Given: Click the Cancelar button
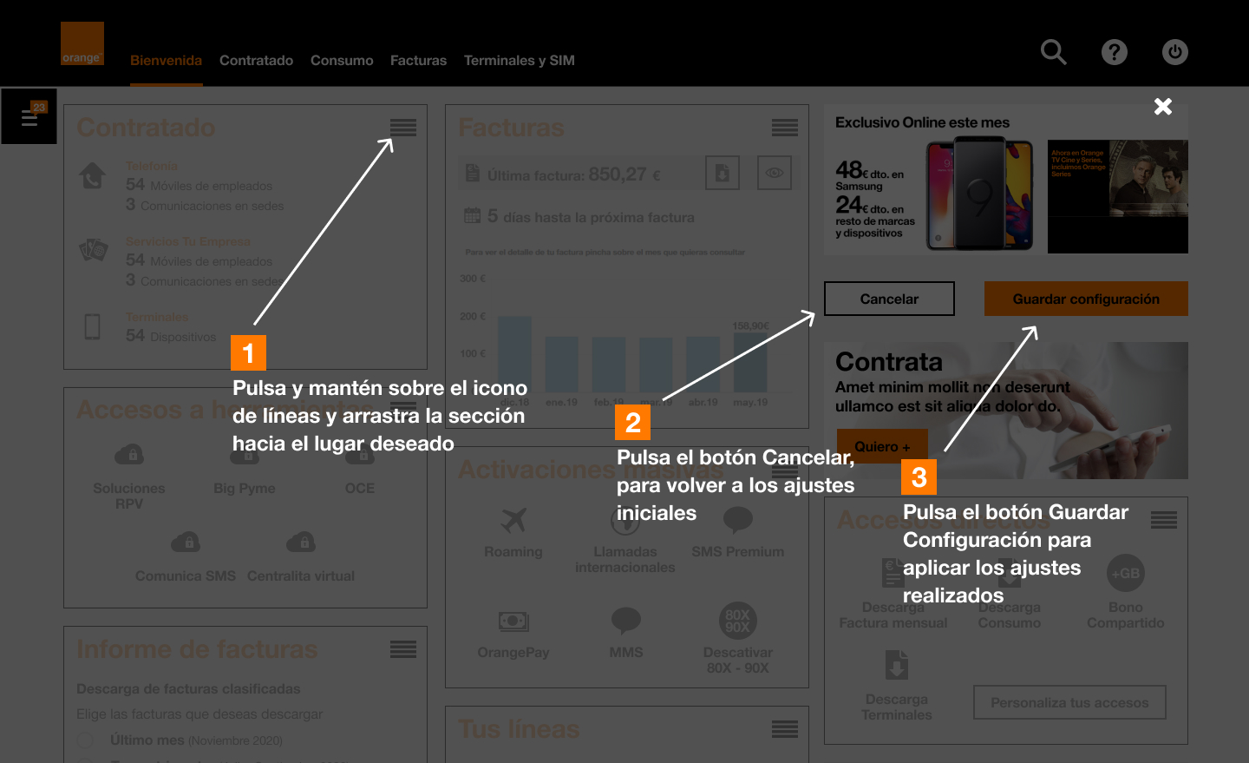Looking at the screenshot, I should (x=889, y=299).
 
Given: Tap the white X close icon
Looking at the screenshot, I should (x=1163, y=106).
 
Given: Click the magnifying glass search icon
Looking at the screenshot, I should (x=1053, y=52).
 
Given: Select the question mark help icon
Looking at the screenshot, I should (x=1115, y=52).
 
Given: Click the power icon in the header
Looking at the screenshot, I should (x=1175, y=52).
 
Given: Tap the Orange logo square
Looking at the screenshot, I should (x=82, y=43).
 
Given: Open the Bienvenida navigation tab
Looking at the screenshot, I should (x=166, y=61).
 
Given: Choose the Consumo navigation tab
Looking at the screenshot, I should (x=342, y=61).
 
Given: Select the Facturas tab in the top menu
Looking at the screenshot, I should (x=418, y=61).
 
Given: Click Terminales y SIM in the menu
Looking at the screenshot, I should (x=519, y=61).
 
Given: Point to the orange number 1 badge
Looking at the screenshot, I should (x=248, y=353).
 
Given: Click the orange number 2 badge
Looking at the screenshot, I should (x=632, y=423).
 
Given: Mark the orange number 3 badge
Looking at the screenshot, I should (x=919, y=477).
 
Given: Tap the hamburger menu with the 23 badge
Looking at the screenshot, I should (x=29, y=116).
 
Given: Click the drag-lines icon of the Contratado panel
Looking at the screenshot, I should (x=403, y=128).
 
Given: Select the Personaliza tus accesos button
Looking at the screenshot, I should (x=1069, y=702).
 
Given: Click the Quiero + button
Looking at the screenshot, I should (x=882, y=446).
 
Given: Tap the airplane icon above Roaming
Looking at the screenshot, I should (x=513, y=520).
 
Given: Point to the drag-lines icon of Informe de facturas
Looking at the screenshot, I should (x=403, y=649).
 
